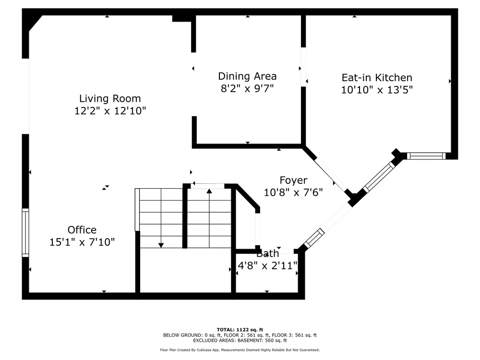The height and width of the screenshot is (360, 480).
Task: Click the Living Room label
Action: tap(110, 98)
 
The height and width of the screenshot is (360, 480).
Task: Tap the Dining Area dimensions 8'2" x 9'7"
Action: tap(247, 88)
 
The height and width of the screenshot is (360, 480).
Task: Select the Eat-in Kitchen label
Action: tap(377, 77)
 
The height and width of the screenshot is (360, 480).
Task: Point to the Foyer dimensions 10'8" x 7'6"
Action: tap(293, 192)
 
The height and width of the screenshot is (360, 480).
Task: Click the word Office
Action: tap(82, 229)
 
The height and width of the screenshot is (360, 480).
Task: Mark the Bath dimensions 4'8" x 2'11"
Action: tap(267, 265)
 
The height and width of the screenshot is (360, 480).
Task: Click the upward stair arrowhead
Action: tap(209, 191)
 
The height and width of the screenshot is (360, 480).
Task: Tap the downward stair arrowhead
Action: tap(161, 245)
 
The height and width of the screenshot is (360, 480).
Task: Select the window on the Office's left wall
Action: tap(25, 233)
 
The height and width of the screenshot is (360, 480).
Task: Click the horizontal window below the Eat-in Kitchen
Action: tap(426, 156)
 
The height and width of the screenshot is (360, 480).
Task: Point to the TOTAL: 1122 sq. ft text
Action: tap(240, 330)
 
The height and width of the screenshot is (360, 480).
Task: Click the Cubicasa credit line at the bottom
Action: tap(240, 350)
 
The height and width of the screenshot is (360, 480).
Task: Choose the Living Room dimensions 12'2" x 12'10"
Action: tap(110, 111)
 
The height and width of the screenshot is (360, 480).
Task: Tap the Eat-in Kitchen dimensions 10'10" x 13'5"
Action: tap(377, 90)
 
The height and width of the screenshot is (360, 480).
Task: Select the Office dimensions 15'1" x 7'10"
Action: tap(82, 242)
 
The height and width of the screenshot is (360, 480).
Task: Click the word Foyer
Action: tap(293, 180)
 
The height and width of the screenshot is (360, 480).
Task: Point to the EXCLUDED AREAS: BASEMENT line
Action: tap(240, 340)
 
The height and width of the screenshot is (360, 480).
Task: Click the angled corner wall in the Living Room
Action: tap(35, 23)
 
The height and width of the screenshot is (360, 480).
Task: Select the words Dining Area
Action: tap(247, 76)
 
